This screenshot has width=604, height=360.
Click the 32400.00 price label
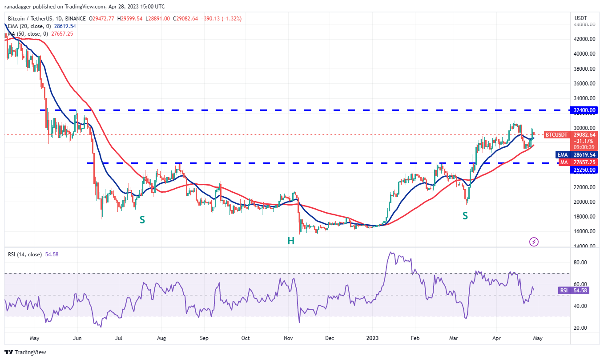coord(584,110)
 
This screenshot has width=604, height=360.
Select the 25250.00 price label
coord(584,170)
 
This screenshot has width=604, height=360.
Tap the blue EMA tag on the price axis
coord(563,155)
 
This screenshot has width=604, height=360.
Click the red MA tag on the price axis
coord(564,162)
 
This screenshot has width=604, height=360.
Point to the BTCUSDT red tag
coord(556,134)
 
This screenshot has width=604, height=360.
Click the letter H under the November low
coord(290,241)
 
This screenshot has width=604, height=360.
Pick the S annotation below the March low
coord(465,216)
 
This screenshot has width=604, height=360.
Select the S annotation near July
coord(142,219)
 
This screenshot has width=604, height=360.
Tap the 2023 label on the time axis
coord(372,338)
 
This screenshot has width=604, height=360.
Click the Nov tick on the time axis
coord(288,338)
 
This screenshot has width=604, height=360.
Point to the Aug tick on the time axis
coord(161,338)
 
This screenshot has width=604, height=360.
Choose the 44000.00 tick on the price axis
coord(584,24)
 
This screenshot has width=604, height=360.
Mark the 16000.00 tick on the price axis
coord(584,231)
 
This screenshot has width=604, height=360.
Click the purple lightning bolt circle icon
coord(534,242)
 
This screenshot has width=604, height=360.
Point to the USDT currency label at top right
coord(581,18)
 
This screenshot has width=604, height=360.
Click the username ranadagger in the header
coord(22,7)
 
